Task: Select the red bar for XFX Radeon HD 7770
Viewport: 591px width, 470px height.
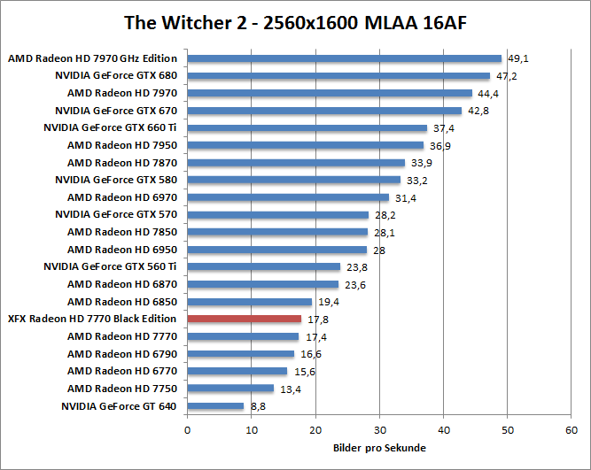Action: pos(245,319)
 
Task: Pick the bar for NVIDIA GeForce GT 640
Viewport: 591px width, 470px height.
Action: pos(215,405)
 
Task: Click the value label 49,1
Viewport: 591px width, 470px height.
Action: pos(517,59)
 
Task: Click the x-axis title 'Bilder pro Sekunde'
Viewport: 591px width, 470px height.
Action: pos(379,448)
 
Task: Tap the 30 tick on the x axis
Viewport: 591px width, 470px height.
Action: pos(379,429)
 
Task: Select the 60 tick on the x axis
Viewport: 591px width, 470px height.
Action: pos(572,429)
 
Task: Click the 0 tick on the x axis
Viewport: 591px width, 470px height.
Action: pos(187,429)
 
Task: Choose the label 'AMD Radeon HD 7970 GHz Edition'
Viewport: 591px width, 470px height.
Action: pos(93,59)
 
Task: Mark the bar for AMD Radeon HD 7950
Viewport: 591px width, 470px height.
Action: pos(305,145)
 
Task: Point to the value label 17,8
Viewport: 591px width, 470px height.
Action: pos(316,320)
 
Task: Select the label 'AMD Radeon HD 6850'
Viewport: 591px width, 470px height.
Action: pos(122,302)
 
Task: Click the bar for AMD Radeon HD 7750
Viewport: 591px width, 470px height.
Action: pos(230,389)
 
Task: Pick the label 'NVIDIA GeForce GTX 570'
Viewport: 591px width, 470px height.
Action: pos(116,215)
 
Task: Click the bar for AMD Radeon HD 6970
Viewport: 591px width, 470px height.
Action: pos(288,197)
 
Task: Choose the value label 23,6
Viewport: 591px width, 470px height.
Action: pos(354,285)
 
